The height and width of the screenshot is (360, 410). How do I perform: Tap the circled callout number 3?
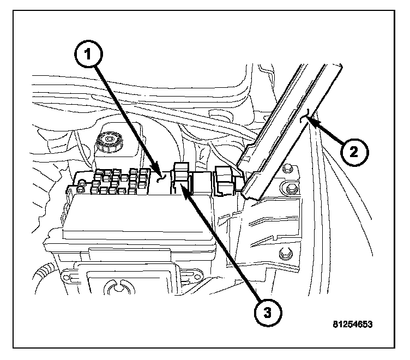(x=267, y=313)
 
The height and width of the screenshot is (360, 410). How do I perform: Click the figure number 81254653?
(x=352, y=323)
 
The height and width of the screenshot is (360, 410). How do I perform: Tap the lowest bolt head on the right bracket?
(x=284, y=254)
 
